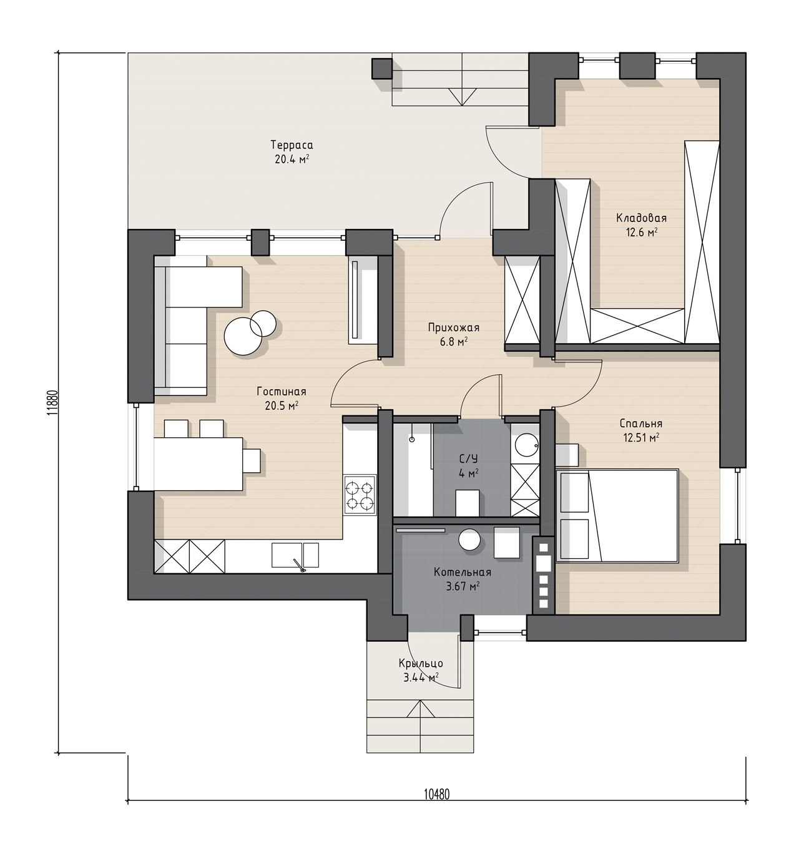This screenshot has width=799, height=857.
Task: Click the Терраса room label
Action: tap(292, 145)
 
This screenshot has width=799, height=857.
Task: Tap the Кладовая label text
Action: tap(641, 218)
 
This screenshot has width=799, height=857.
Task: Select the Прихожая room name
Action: tap(453, 327)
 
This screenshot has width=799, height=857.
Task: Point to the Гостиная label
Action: tap(281, 392)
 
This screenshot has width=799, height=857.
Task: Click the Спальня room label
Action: tap(640, 424)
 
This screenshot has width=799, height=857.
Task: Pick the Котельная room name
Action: tap(462, 572)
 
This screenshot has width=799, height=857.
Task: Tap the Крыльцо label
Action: tap(421, 663)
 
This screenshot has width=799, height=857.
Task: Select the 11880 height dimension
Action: tap(52, 402)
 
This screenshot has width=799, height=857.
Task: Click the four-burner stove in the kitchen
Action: tap(360, 494)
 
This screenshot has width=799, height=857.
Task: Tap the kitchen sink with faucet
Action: tap(295, 556)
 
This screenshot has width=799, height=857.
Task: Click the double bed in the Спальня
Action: tap(617, 515)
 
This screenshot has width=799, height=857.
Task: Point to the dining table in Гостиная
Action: tap(199, 464)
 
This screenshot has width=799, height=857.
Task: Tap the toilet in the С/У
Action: tap(468, 503)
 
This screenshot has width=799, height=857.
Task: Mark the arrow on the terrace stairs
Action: tap(462, 97)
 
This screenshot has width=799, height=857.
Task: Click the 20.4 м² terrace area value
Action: tap(292, 159)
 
